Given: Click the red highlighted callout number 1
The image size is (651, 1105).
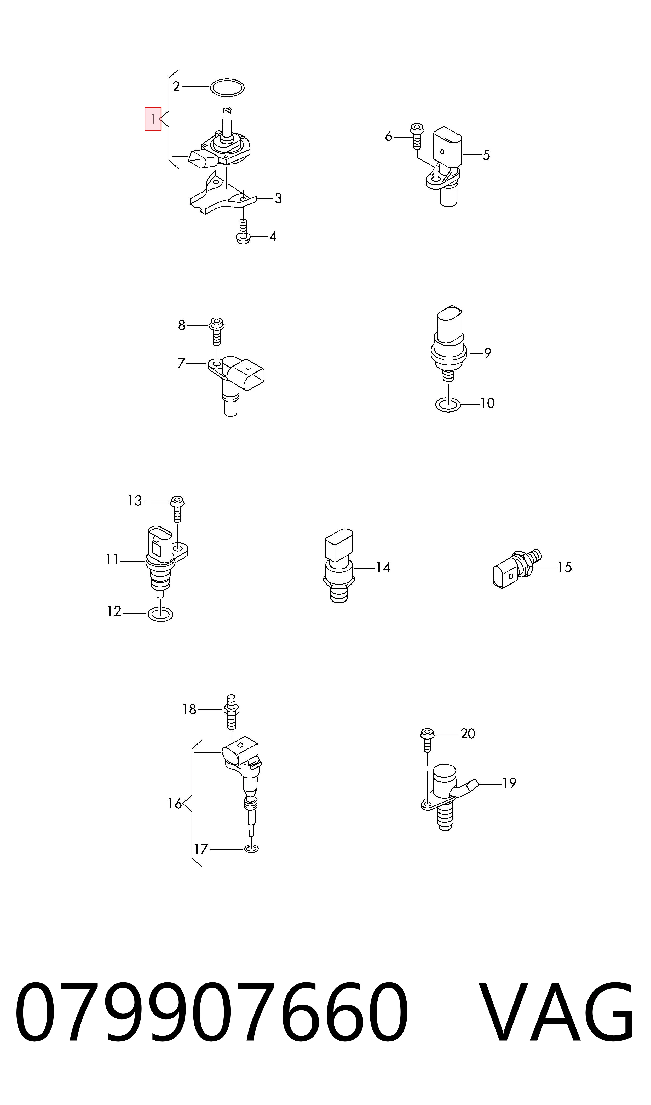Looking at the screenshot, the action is [x=153, y=119].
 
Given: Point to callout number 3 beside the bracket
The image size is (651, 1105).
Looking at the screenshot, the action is [x=278, y=199].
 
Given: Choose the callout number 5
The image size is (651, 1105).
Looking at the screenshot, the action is [x=486, y=155].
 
